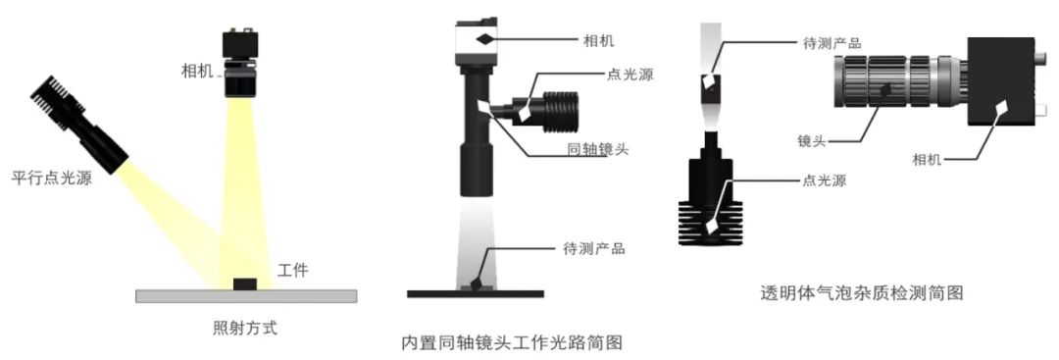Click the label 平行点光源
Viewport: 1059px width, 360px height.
tap(52, 179)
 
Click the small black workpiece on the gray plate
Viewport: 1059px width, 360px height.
tap(244, 283)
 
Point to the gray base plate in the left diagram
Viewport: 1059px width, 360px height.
tap(246, 296)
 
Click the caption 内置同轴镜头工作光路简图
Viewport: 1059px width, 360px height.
tap(511, 342)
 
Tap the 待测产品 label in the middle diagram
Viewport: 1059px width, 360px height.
tap(593, 248)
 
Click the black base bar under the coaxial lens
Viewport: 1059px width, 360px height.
tap(476, 294)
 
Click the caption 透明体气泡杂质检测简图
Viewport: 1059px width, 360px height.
tap(861, 293)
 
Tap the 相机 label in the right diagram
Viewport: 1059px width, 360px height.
tap(928, 160)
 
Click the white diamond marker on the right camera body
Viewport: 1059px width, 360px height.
tap(1002, 107)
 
